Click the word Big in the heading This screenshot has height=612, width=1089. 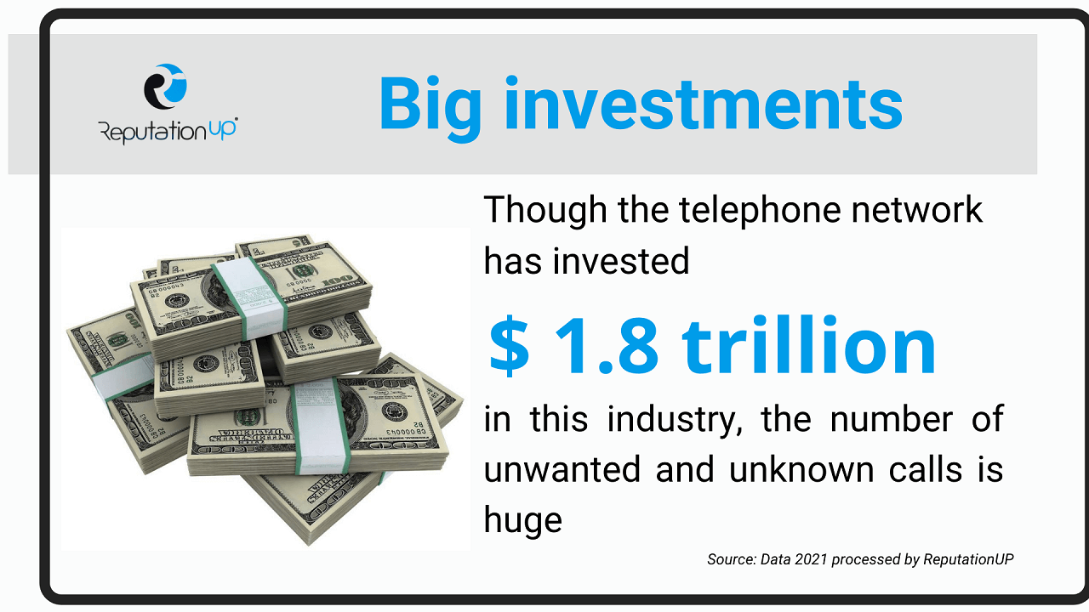point(430,107)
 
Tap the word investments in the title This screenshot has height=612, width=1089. point(704,104)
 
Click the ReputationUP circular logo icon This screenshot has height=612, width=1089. point(165,87)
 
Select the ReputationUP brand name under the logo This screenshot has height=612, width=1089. point(168,131)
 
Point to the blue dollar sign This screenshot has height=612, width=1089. point(509,346)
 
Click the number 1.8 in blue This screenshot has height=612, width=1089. point(607,346)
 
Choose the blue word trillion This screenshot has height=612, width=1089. point(809,344)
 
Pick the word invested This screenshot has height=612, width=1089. point(621,261)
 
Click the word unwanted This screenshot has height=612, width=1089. point(562,470)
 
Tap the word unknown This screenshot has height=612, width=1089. point(801,470)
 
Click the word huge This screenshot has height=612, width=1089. point(523,522)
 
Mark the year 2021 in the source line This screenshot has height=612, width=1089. point(811,559)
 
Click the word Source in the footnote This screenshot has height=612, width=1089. point(731,559)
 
